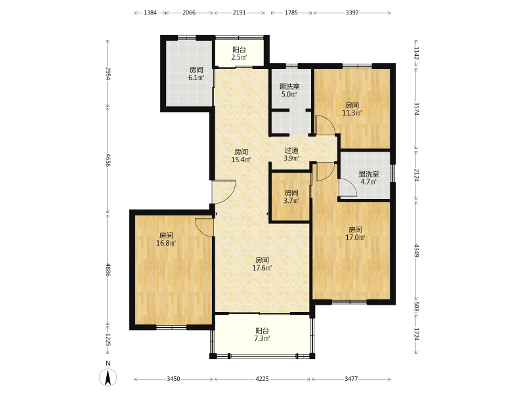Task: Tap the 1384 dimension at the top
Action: point(150,12)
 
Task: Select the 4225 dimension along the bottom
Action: point(262,379)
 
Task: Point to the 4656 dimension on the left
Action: point(108,160)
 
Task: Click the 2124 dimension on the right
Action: point(416,175)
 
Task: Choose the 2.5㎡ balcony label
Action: point(240,54)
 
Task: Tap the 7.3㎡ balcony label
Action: point(262,334)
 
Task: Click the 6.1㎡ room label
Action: point(196,74)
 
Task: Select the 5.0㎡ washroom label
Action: point(289,90)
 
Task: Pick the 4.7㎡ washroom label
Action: point(369,178)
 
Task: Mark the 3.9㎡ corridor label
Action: point(291,154)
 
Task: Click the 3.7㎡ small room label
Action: point(291,196)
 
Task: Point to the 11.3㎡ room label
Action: point(352,109)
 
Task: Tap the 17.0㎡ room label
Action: point(355,234)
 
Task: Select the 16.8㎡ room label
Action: point(166,239)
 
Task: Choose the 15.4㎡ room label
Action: point(241,156)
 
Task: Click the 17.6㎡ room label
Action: point(262,264)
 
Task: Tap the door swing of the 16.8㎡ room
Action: point(204,228)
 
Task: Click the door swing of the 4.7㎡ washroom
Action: point(348,188)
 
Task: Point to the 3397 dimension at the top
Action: point(352,12)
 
